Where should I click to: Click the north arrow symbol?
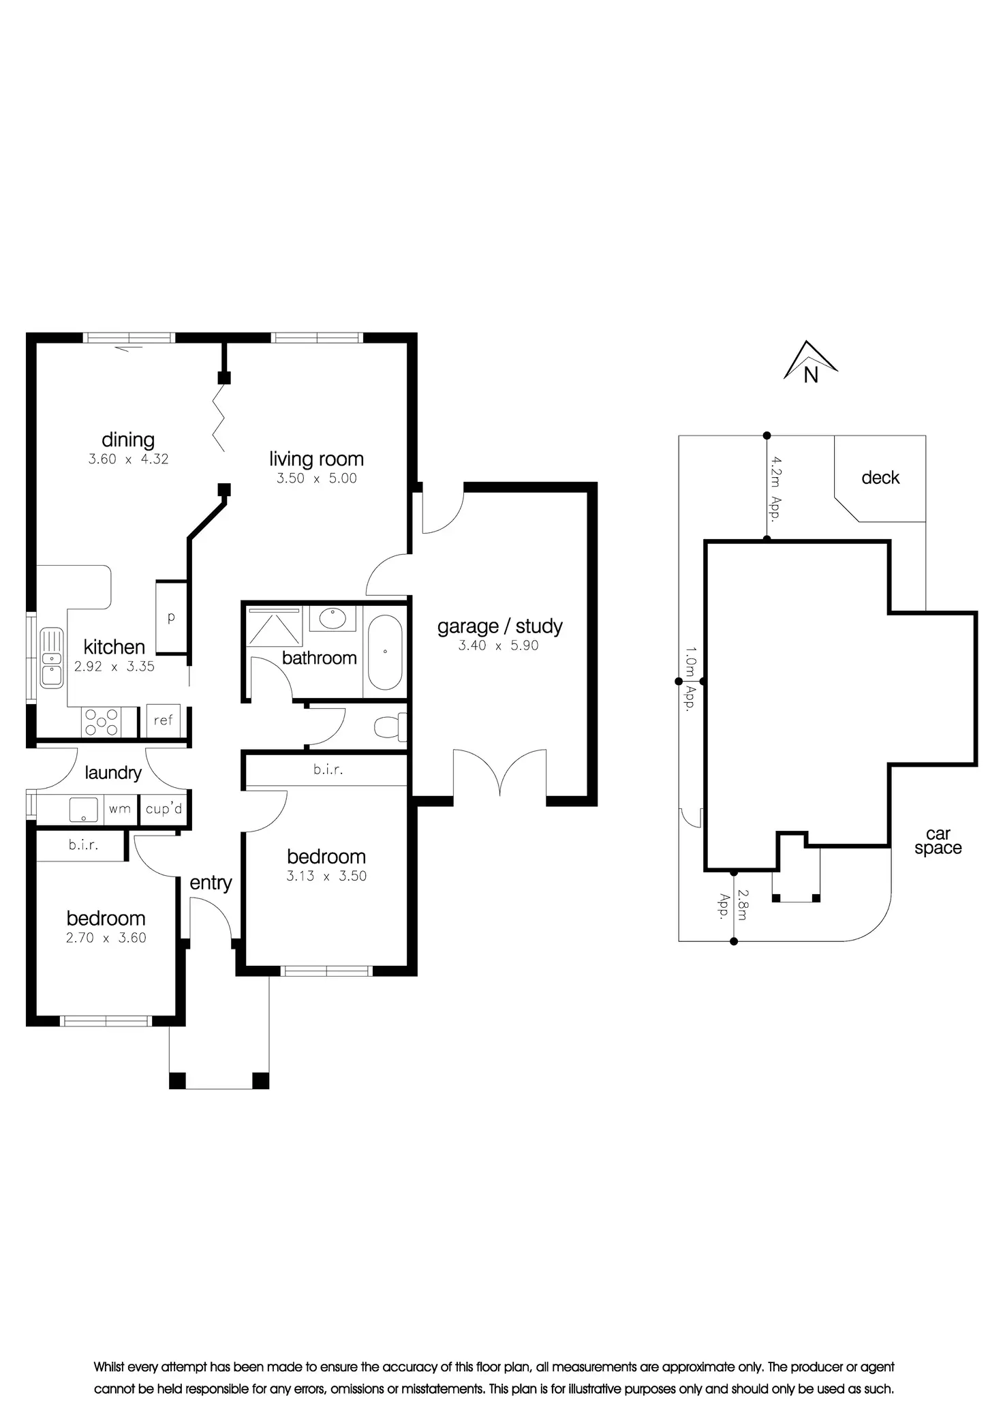click(x=810, y=362)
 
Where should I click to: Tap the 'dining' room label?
click(x=128, y=440)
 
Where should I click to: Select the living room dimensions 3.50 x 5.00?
click(x=317, y=478)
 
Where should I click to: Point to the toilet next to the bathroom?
click(x=390, y=727)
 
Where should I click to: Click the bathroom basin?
click(x=332, y=618)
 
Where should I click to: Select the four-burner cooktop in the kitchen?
click(x=100, y=722)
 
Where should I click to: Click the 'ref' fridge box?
click(x=164, y=720)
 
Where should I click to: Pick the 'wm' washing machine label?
click(x=120, y=809)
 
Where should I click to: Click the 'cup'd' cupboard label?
click(x=164, y=809)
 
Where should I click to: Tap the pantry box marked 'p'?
click(x=172, y=617)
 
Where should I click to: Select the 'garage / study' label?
click(x=500, y=626)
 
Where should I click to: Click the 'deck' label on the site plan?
click(x=880, y=478)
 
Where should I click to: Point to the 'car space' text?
click(x=938, y=841)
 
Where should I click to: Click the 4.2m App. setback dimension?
click(x=775, y=488)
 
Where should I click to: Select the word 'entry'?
click(x=211, y=883)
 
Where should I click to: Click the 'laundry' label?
click(x=113, y=773)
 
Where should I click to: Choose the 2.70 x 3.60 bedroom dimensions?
click(x=106, y=938)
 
